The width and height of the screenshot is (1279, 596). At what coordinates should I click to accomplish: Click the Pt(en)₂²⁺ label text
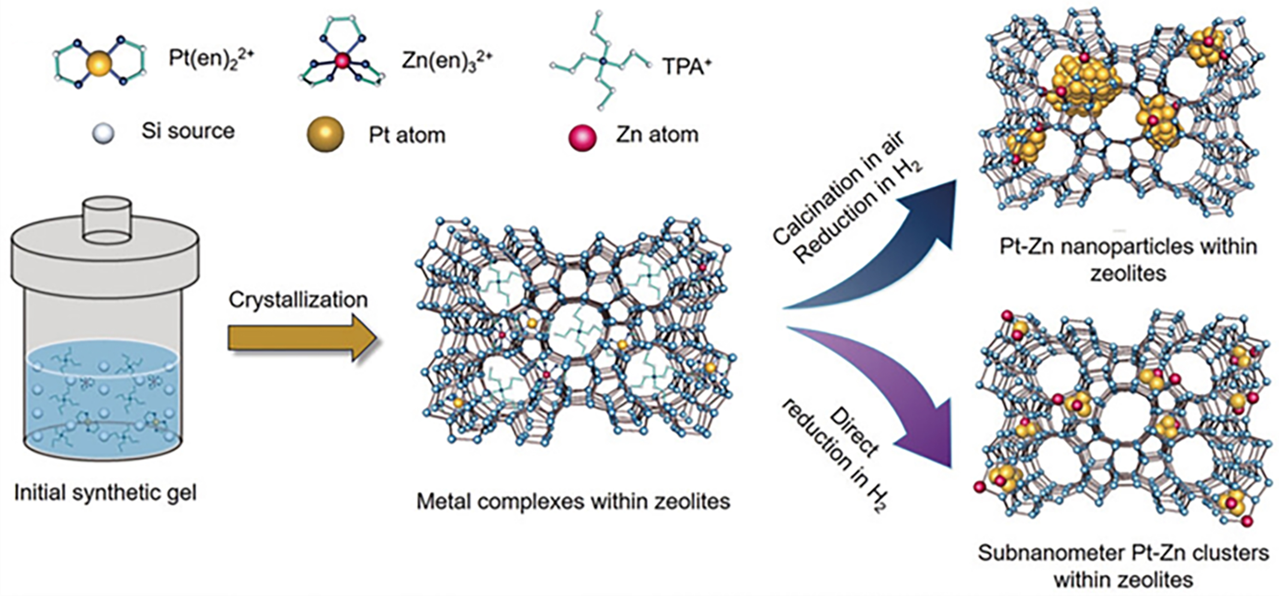click(211, 58)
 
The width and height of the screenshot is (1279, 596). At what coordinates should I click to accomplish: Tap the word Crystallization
click(298, 300)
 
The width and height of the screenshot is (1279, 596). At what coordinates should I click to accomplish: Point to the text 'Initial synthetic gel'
click(105, 493)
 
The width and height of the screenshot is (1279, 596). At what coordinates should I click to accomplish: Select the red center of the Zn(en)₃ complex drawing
click(342, 61)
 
